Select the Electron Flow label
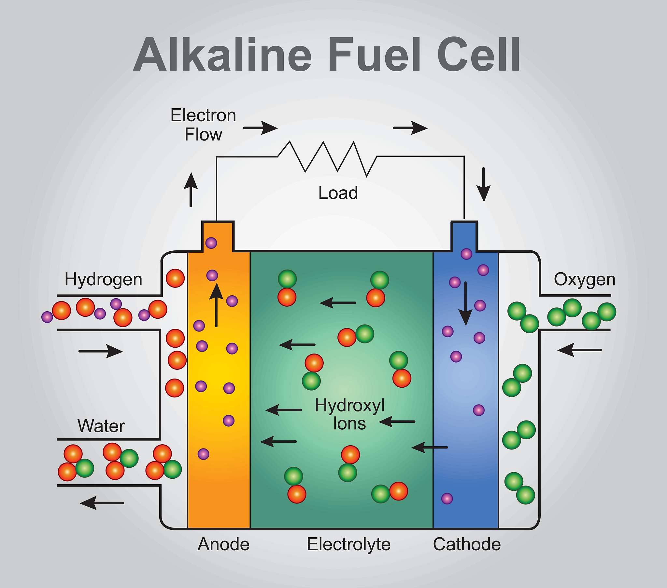click(203, 125)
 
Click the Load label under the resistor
click(338, 193)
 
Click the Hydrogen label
click(103, 280)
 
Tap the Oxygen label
click(585, 280)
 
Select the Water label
click(101, 426)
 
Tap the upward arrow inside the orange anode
click(216, 305)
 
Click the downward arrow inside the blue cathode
click(465, 303)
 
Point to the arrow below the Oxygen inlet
click(579, 350)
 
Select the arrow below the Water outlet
click(102, 503)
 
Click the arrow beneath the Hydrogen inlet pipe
click(101, 351)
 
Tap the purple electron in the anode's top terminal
click(211, 243)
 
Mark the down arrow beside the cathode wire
click(484, 184)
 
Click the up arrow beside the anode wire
click(191, 190)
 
